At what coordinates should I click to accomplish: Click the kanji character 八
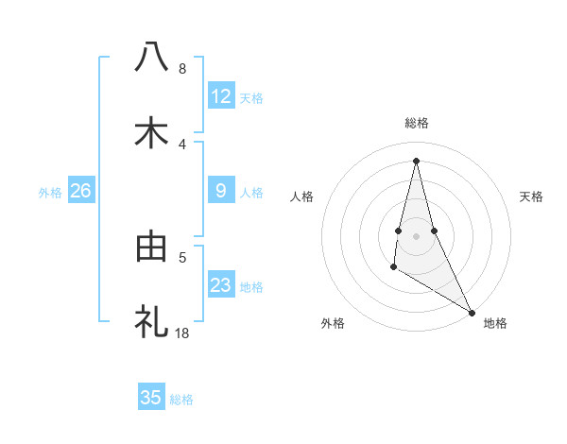click(151, 56)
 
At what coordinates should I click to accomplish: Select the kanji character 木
click(151, 132)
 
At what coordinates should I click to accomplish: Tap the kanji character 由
click(151, 247)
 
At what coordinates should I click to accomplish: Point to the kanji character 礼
click(151, 322)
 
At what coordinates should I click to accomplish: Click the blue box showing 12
click(221, 96)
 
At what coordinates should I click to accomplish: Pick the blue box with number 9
click(221, 191)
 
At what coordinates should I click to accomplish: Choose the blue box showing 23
click(221, 285)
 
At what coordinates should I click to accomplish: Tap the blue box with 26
click(80, 191)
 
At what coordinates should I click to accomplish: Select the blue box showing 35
click(151, 398)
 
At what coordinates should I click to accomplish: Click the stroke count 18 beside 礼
click(182, 333)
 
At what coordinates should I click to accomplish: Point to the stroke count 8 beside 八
click(182, 69)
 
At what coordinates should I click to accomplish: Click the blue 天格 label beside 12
click(251, 98)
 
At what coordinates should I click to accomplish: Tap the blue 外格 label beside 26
click(50, 193)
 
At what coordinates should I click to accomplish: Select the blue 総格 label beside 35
click(181, 400)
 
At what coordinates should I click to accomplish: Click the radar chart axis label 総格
click(417, 123)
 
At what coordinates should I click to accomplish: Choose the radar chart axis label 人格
click(301, 196)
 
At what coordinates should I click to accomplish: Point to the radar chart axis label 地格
click(495, 323)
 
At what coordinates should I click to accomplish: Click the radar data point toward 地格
click(472, 313)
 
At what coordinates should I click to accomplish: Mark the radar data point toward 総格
click(417, 160)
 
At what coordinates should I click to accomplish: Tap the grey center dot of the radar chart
click(417, 236)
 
